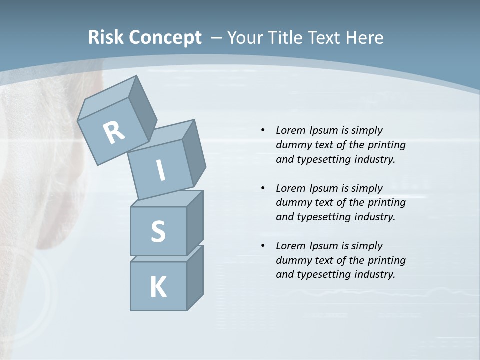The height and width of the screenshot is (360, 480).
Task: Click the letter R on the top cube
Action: (114, 133)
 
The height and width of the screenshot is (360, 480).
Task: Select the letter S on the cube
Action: (158, 231)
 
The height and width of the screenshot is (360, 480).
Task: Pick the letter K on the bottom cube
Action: (158, 287)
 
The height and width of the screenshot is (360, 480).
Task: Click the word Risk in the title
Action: (106, 37)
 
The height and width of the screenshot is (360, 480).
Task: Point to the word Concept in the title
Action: (165, 38)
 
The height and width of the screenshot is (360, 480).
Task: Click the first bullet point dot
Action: (263, 130)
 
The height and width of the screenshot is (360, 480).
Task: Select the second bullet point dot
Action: (263, 188)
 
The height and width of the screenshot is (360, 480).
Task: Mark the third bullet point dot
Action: (263, 246)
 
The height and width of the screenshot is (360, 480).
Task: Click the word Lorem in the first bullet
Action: (290, 130)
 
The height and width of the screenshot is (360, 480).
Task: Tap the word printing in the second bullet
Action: (387, 202)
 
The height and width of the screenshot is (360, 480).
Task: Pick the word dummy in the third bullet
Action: (295, 260)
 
